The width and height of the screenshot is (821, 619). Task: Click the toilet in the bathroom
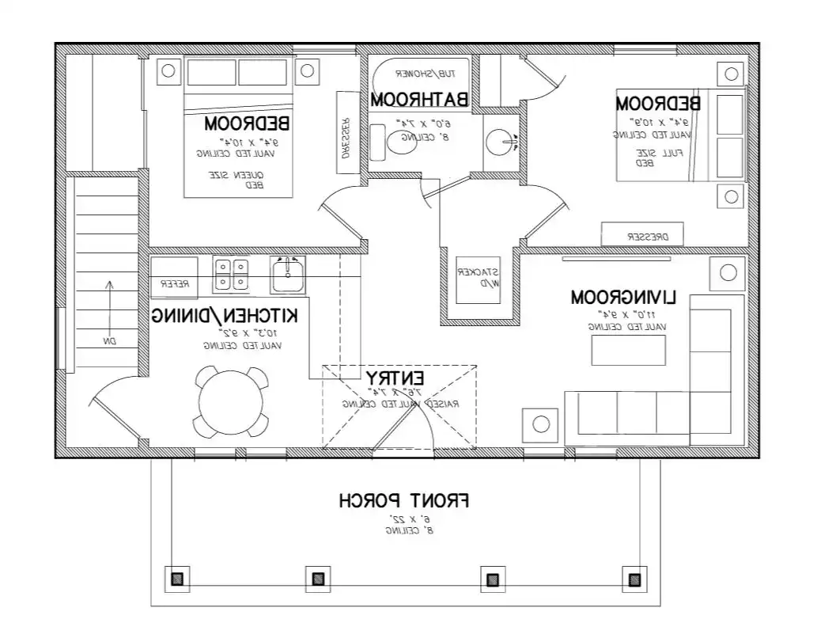[x=400, y=143]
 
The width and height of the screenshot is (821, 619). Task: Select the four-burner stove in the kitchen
[x=231, y=274]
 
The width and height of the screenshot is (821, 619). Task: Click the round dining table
[x=231, y=402]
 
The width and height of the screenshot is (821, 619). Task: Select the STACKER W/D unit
[x=479, y=278]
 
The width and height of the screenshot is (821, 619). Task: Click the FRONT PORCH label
[x=404, y=501]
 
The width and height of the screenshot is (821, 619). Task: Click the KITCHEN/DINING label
[x=225, y=315]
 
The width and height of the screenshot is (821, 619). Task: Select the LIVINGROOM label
[x=624, y=298]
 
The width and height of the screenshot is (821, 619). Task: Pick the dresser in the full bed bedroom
[x=641, y=236]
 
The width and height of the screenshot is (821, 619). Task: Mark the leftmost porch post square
[x=177, y=579]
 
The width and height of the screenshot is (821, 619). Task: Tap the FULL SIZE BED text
[x=646, y=157]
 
